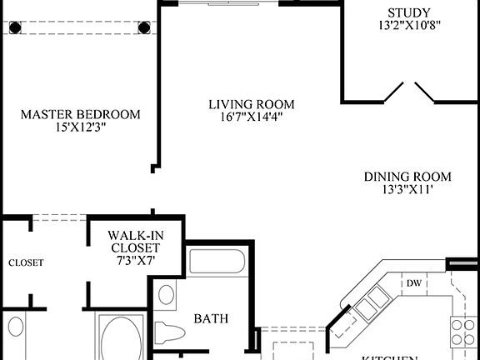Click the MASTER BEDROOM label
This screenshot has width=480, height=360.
(x=80, y=114)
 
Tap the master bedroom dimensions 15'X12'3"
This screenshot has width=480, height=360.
(x=80, y=128)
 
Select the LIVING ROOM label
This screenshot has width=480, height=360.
(x=252, y=104)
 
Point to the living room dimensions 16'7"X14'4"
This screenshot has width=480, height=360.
(x=252, y=117)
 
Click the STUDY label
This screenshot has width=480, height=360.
(x=408, y=12)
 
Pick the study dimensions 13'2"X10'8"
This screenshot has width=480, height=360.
(x=408, y=26)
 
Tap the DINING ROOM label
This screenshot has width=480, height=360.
(x=407, y=177)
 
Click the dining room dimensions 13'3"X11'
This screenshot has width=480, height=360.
(x=407, y=190)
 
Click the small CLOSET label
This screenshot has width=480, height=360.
(x=26, y=262)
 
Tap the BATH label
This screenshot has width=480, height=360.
(x=211, y=318)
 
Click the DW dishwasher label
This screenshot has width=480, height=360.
(x=414, y=283)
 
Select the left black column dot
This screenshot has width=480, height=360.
(x=15, y=27)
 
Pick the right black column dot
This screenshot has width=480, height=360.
(x=144, y=27)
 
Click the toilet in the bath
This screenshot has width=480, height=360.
(x=171, y=332)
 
